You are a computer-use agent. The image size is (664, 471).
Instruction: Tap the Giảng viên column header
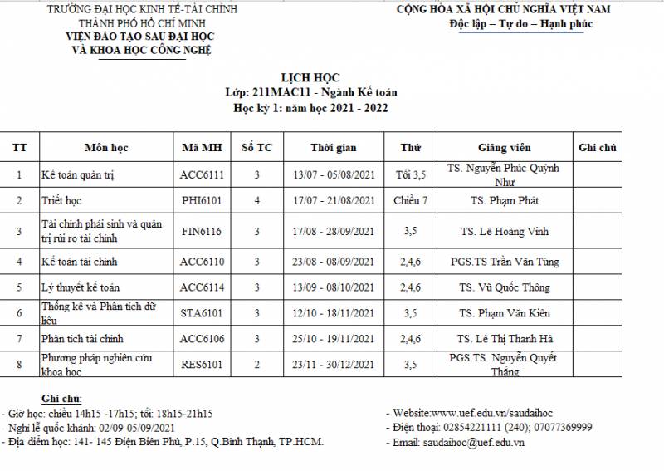click(x=504, y=148)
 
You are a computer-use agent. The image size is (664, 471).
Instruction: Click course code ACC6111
click(x=202, y=174)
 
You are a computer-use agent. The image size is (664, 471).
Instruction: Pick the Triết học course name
click(x=66, y=200)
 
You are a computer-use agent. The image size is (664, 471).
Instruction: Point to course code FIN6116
click(x=202, y=232)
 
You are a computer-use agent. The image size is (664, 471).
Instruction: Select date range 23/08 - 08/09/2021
click(x=334, y=262)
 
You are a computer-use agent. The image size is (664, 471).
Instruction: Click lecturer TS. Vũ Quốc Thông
click(x=504, y=287)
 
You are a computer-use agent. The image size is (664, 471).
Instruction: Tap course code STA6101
click(x=202, y=313)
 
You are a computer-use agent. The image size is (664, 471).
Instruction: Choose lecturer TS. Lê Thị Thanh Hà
click(x=504, y=339)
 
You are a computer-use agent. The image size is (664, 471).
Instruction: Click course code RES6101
click(x=202, y=364)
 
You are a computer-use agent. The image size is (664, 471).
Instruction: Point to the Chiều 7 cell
click(x=411, y=200)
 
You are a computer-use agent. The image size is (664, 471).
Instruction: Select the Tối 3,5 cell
click(x=411, y=174)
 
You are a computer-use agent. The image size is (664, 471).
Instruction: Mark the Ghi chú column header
click(x=597, y=148)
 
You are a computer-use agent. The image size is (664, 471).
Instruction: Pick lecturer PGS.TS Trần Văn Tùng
click(x=504, y=262)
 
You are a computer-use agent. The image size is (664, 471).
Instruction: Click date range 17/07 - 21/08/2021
click(x=334, y=200)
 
